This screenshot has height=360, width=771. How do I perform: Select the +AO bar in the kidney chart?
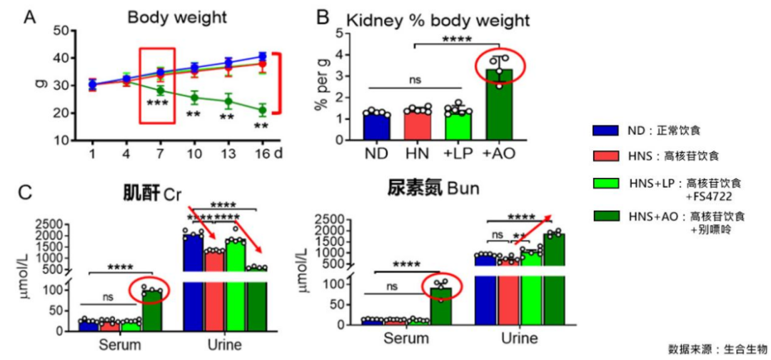500,104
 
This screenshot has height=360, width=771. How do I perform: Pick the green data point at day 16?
263,110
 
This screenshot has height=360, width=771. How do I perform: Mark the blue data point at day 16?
263,56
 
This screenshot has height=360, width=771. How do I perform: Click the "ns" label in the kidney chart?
414,80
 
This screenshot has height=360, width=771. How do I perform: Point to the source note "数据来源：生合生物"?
716,349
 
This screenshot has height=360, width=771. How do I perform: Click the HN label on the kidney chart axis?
416,154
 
